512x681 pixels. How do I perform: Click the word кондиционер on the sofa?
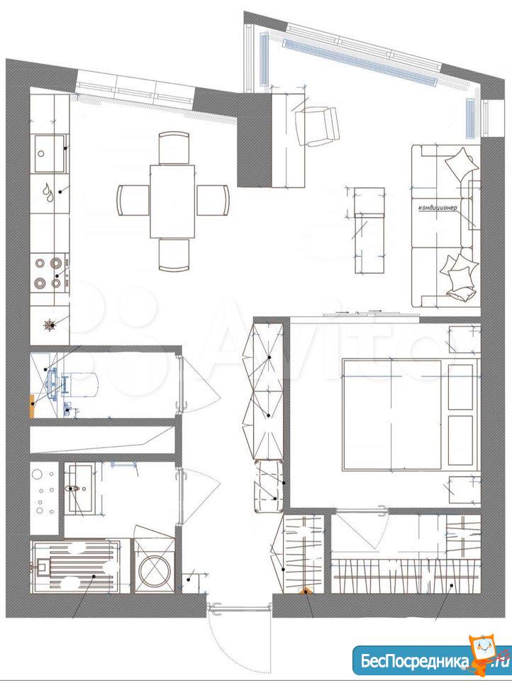[438, 208]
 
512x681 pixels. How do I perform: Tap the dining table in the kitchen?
[172, 201]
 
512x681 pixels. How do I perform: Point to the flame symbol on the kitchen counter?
[48, 192]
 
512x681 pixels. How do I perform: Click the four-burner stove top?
[48, 273]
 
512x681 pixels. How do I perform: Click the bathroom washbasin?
[80, 487]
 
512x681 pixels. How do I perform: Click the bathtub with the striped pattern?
[75, 566]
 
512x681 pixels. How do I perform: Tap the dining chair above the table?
[174, 148]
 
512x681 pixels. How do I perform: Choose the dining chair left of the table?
[133, 200]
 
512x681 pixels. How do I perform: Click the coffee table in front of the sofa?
[369, 230]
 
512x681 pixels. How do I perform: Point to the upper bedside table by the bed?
[464, 339]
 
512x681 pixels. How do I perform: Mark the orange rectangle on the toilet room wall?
[32, 406]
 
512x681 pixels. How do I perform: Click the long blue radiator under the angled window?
[359, 62]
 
